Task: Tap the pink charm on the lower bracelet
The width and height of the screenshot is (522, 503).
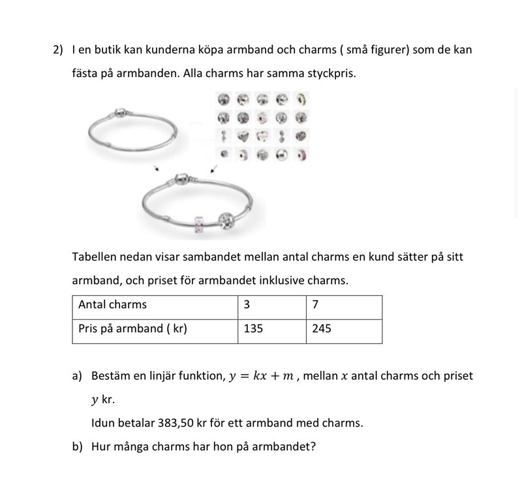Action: (200, 225)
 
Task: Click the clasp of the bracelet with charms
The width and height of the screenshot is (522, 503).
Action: (181, 179)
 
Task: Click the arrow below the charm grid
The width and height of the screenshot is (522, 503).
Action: (214, 169)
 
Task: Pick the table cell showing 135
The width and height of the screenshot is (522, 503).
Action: (253, 329)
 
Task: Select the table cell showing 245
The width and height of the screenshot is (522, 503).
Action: (322, 329)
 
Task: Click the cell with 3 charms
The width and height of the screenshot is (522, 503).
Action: (247, 304)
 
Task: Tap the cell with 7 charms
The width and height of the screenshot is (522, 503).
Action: (315, 304)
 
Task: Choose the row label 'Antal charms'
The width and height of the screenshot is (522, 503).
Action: (112, 304)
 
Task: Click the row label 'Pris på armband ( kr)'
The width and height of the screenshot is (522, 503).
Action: (132, 329)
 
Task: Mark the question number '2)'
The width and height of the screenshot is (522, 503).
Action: (57, 50)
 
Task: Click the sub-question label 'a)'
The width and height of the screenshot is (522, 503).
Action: (77, 377)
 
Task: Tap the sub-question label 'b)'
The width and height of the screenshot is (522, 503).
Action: (77, 448)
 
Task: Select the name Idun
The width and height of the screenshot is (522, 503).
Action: (102, 423)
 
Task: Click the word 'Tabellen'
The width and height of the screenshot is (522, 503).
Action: (95, 257)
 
